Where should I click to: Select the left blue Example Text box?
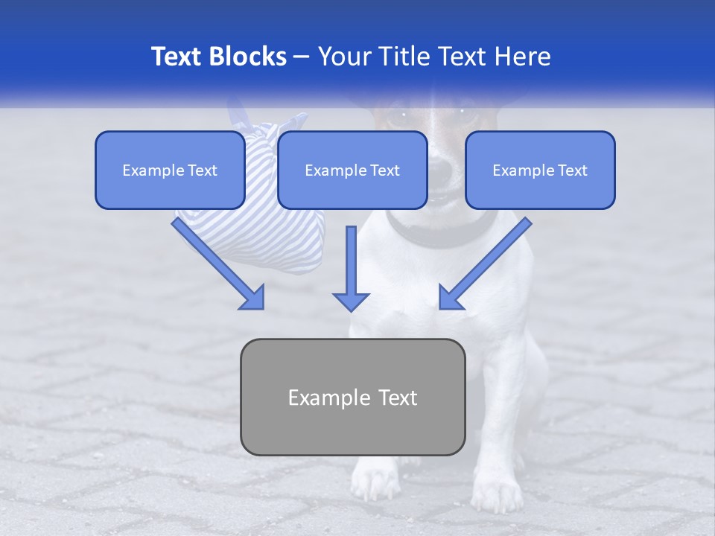[170, 170]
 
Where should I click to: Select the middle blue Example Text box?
[352, 170]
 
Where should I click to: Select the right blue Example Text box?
[540, 170]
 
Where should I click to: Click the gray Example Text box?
[352, 397]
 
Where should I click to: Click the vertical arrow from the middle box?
[351, 264]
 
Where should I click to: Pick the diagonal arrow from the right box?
[488, 261]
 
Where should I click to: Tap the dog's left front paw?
[375, 480]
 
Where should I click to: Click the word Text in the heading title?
[179, 57]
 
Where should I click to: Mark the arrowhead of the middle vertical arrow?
[351, 301]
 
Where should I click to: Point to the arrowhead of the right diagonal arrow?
[450, 297]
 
